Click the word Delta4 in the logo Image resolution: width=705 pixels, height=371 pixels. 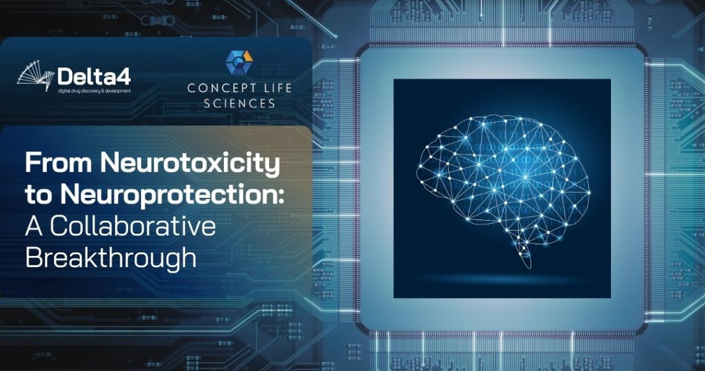94,77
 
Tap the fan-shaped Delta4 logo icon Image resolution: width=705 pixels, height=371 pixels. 36,79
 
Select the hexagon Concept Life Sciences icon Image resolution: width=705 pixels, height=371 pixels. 239,62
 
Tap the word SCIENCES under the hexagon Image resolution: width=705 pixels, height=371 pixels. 239,103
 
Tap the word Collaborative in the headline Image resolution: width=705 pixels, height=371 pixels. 132,226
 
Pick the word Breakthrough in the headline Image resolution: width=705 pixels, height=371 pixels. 111,258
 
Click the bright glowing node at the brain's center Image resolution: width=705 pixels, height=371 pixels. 525,178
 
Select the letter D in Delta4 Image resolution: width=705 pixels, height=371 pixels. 65,77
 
